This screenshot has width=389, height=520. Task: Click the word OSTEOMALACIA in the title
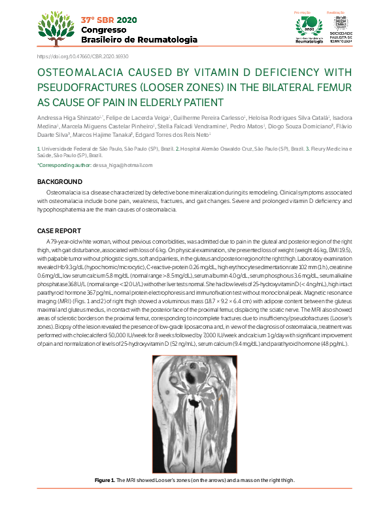click(x=76, y=73)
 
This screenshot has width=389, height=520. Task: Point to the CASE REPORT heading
click(x=59, y=231)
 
